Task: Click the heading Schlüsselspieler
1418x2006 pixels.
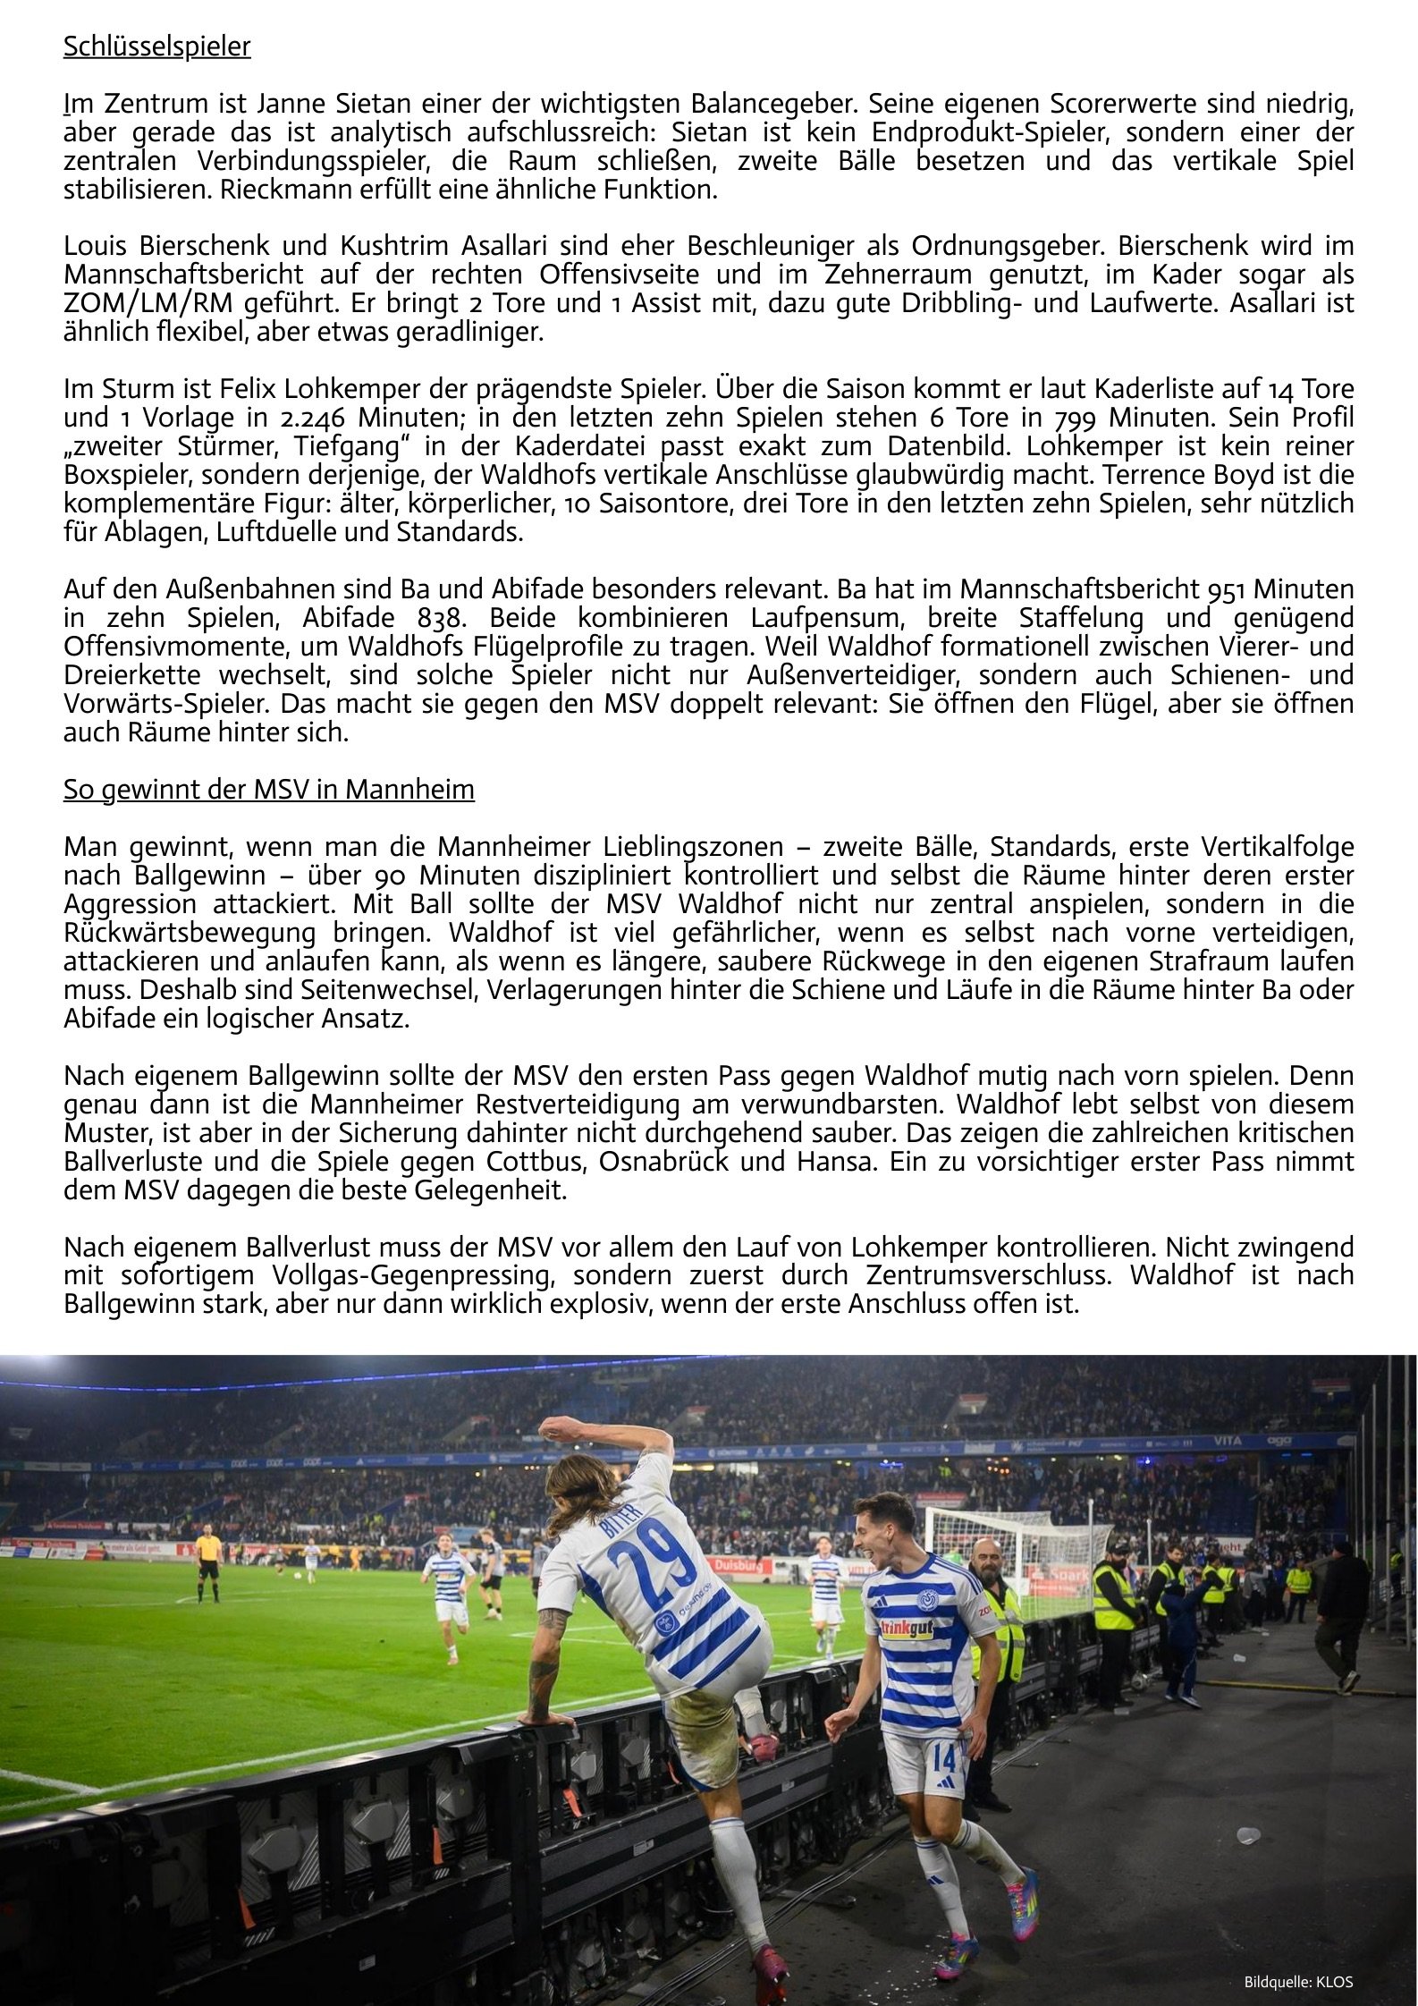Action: coord(156,47)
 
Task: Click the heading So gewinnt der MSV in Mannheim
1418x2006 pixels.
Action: coord(268,790)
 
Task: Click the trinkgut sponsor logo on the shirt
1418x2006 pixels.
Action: coord(907,1629)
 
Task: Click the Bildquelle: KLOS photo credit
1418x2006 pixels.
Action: coord(1298,1982)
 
